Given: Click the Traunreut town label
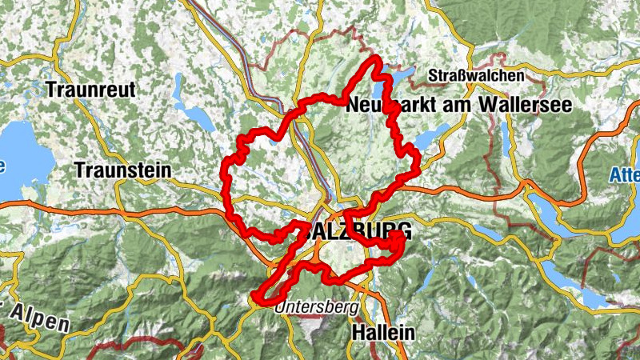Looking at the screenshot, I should tap(90, 90).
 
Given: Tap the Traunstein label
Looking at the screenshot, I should tap(122, 170).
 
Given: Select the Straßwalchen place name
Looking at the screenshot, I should tap(476, 76).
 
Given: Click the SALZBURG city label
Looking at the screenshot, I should tap(359, 231).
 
